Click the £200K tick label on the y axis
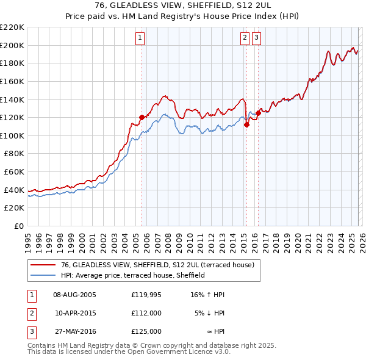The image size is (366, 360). [12, 45]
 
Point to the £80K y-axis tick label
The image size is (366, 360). [14, 154]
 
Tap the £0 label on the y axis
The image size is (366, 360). [19, 226]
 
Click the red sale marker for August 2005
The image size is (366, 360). [142, 117]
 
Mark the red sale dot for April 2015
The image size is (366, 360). [246, 124]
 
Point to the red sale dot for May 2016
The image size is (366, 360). [259, 113]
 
